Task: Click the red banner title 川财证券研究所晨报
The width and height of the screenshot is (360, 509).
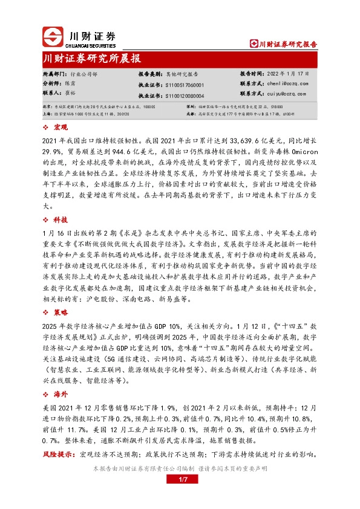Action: click(x=92, y=59)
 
